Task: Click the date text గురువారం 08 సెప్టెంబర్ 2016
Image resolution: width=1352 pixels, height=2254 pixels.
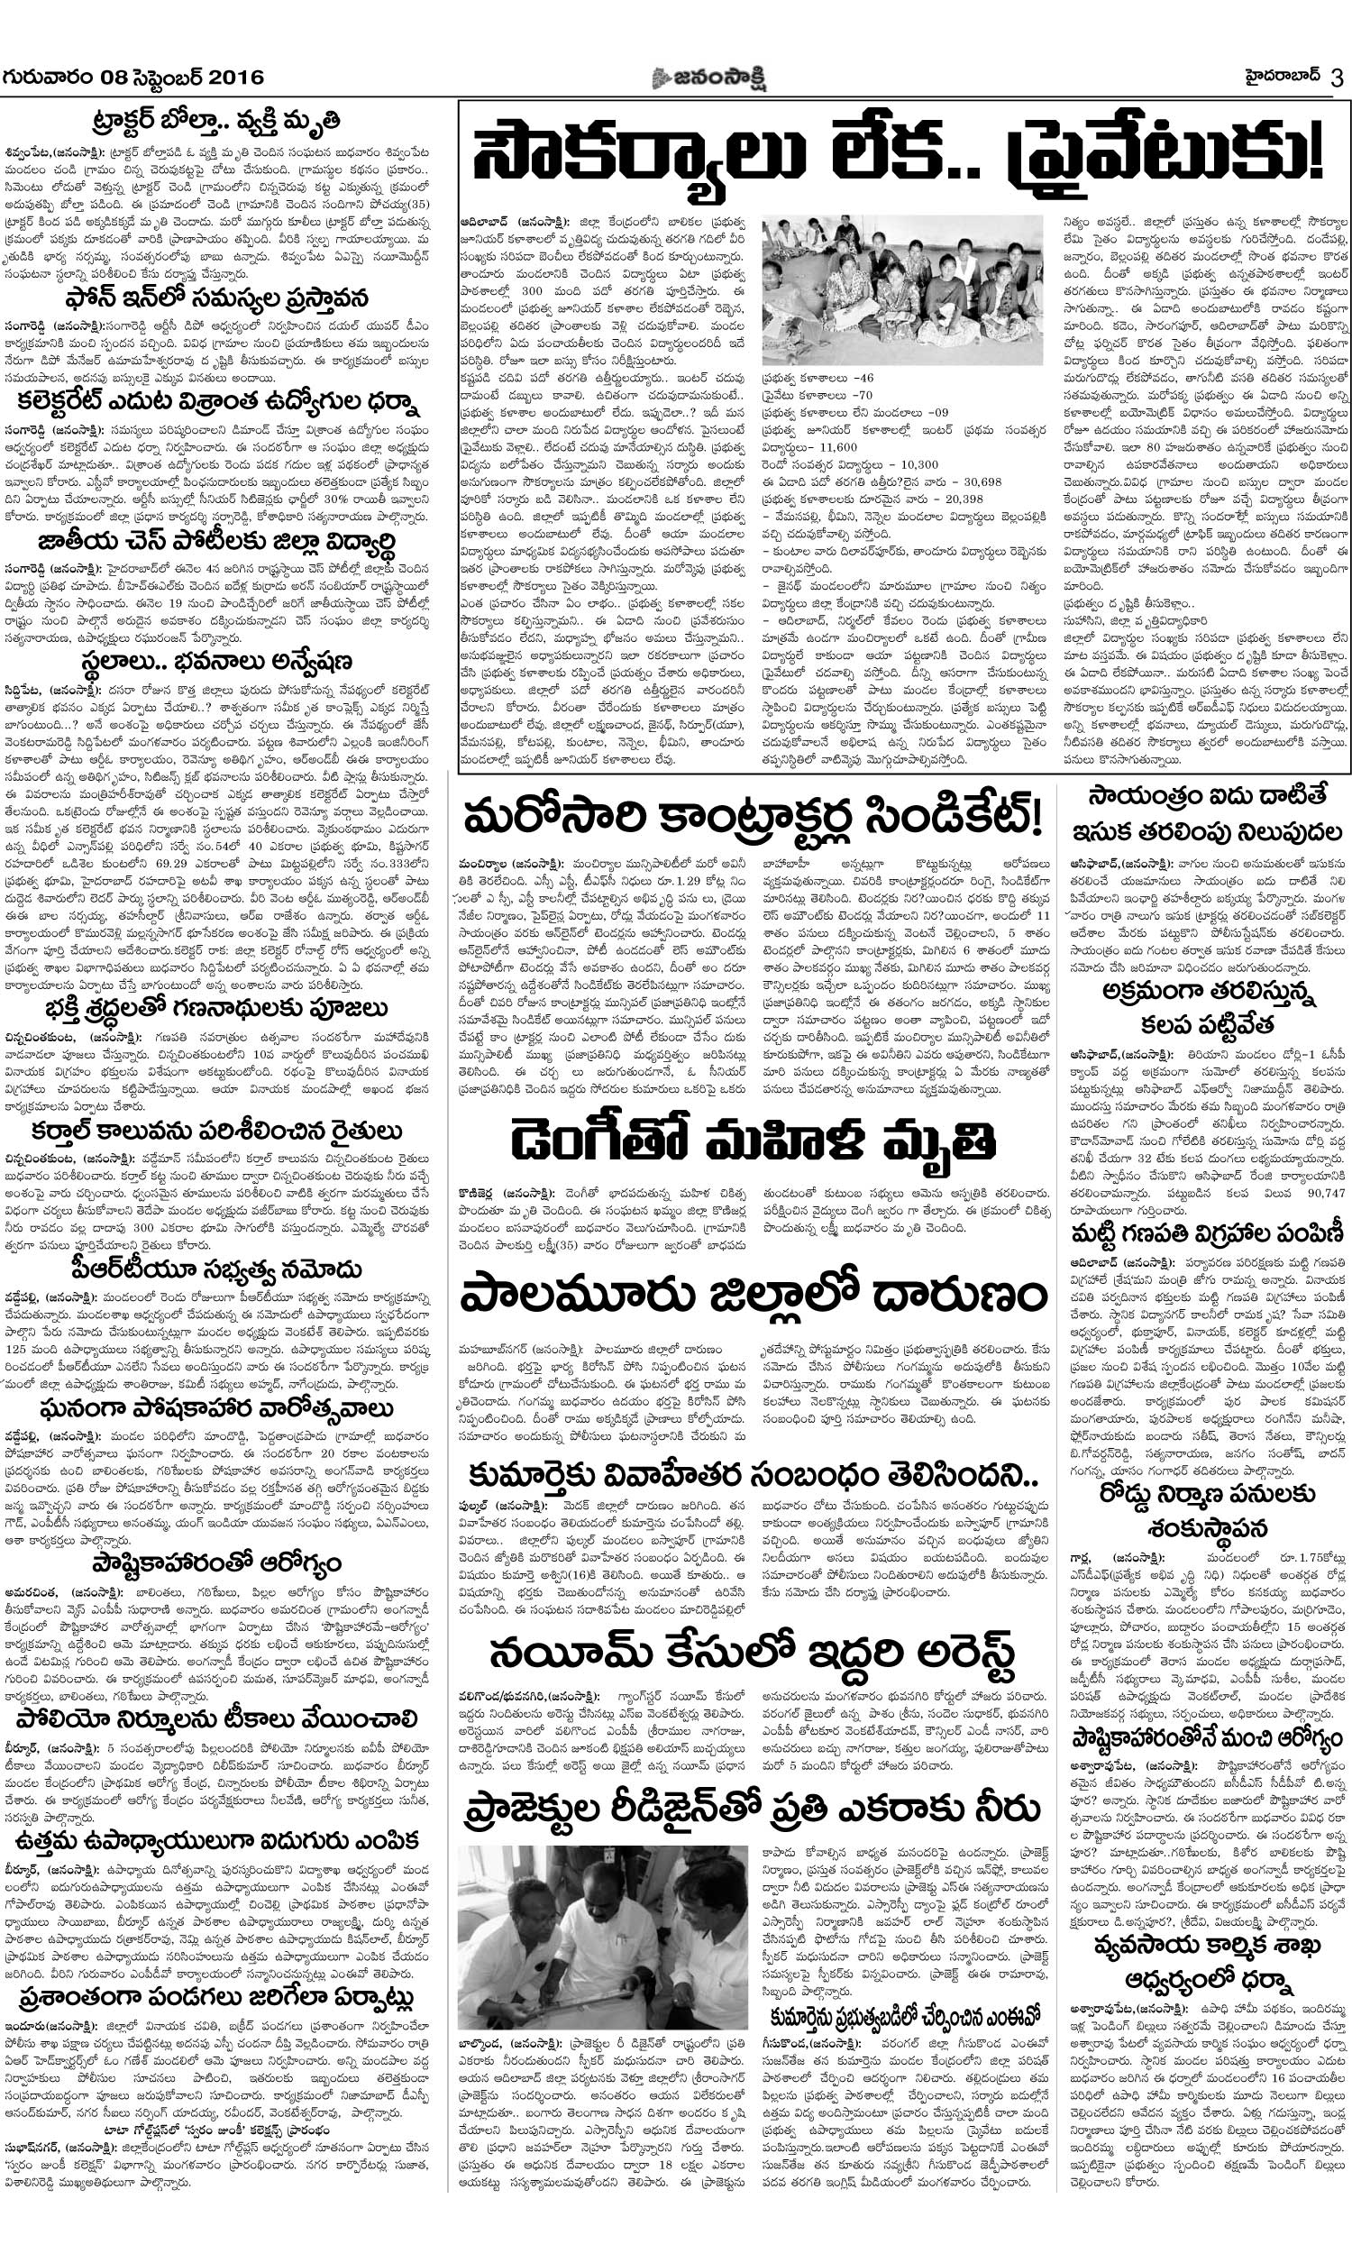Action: point(133,78)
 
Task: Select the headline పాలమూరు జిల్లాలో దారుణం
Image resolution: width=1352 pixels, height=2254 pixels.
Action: point(753,1295)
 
